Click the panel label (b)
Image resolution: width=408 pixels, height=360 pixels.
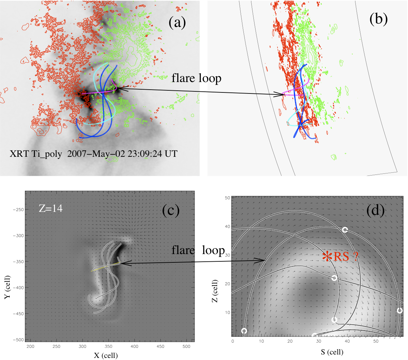pos(378,19)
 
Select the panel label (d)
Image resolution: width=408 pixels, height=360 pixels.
pos(375,210)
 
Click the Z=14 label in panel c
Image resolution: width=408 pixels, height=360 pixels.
pos(50,208)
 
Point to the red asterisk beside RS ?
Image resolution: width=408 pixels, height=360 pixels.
pos(326,256)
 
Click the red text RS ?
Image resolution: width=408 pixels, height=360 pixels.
pos(345,256)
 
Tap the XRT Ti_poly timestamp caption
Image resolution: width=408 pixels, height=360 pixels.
pos(93,154)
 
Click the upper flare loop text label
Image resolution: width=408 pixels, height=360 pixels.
pos(196,78)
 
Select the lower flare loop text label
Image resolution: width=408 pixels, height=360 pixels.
pos(198,250)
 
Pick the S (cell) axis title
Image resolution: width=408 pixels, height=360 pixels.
pos(331,352)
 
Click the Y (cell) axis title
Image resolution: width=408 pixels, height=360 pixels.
pos(7,287)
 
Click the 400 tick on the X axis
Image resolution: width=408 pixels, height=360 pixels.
pos(134,346)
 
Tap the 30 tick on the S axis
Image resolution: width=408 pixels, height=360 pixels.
pos(318,341)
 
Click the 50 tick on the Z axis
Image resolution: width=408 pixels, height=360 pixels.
pos(227,198)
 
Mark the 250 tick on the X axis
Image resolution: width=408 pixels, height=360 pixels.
pos(56,346)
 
